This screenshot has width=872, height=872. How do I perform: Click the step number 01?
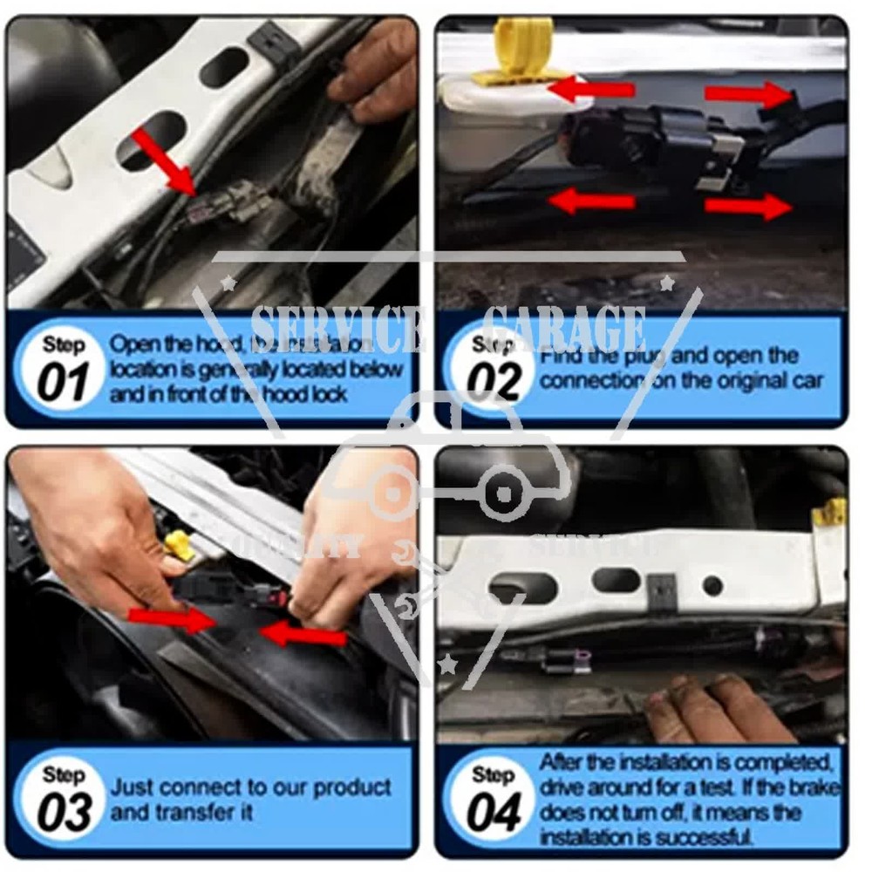64,381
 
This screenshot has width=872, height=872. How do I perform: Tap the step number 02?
493,381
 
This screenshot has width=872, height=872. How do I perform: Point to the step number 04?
494,812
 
